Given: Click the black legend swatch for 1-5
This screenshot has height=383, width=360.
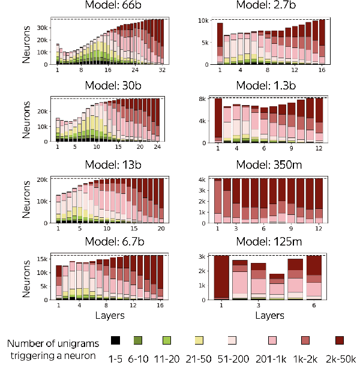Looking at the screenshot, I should pyautogui.click(x=116, y=341).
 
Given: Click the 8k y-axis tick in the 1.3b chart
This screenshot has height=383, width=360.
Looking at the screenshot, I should pyautogui.click(x=202, y=98).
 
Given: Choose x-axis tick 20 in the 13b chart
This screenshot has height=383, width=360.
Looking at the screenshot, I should pyautogui.click(x=160, y=229).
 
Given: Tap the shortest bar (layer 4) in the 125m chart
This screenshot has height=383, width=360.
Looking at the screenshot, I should pyautogui.click(x=278, y=287).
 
